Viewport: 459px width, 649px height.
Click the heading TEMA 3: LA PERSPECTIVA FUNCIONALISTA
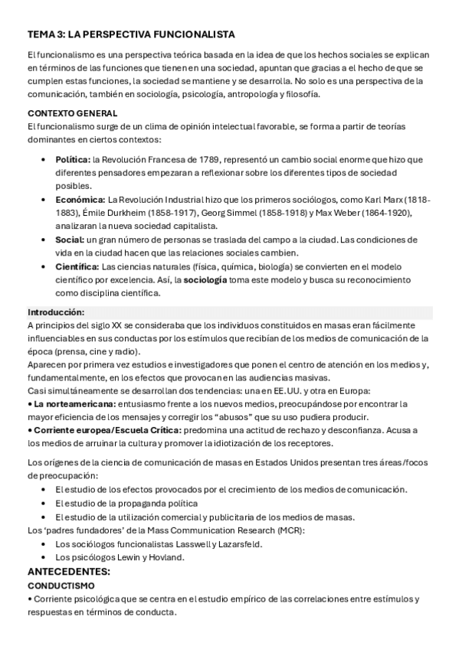point(131,34)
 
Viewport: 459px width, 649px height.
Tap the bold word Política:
point(73,159)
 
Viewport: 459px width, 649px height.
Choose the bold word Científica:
point(77,266)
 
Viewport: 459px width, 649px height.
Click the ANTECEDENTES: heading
point(69,572)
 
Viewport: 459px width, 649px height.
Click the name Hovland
point(166,557)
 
